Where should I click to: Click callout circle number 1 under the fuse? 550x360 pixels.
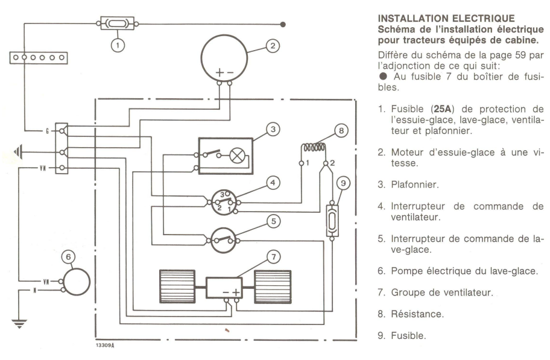pos(119,43)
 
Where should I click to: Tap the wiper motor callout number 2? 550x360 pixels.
pos(273,45)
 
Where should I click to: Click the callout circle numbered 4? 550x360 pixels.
pos(273,181)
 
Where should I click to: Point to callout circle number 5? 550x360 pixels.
pos(273,221)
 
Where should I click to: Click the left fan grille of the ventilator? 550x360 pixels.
pos(177,286)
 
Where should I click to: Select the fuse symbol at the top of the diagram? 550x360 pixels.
pos(118,24)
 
